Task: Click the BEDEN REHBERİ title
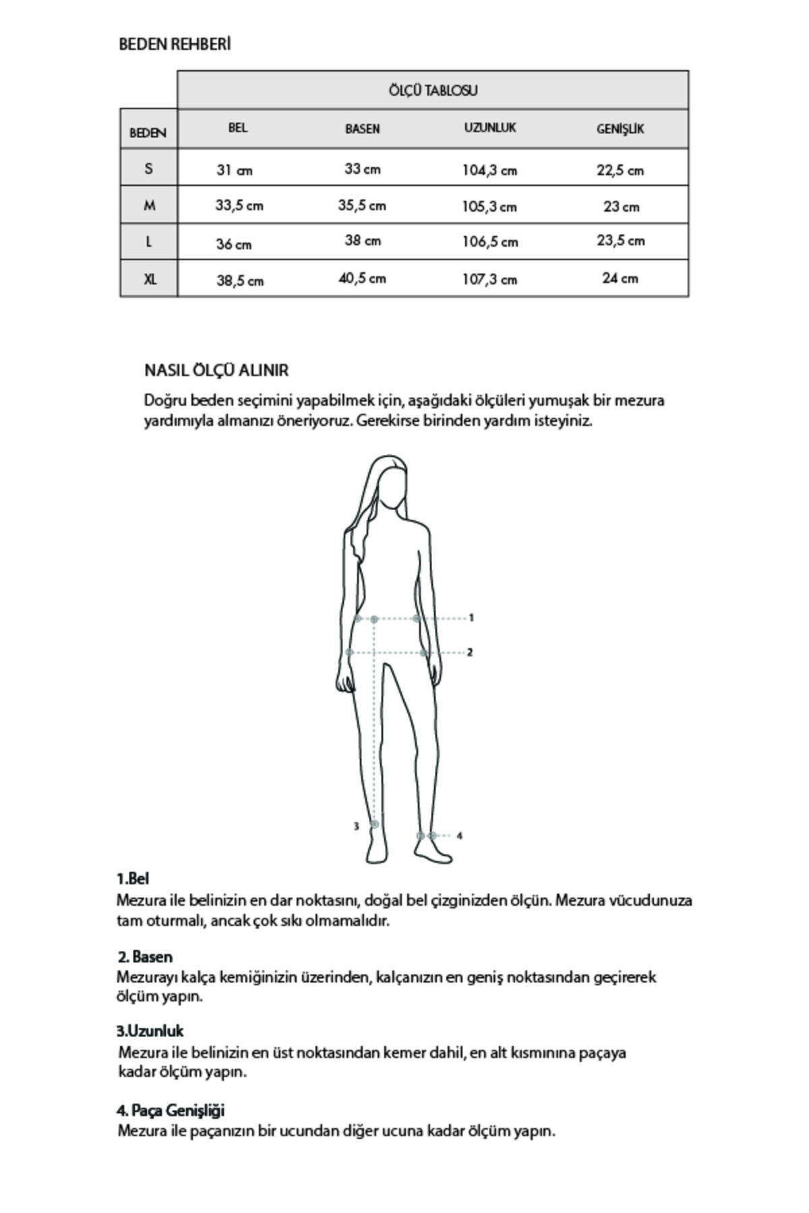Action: point(175,44)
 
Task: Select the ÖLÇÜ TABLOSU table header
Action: point(433,90)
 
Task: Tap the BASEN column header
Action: point(362,129)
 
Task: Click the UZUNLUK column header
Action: point(489,128)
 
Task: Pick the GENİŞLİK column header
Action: point(620,129)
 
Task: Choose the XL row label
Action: point(150,278)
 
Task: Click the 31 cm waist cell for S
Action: point(234,170)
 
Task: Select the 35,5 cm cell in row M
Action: point(362,206)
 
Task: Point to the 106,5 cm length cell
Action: point(489,242)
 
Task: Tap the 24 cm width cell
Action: point(620,278)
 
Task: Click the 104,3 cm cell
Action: point(489,170)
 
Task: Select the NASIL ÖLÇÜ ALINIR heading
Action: point(216,370)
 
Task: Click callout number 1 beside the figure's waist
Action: point(471,617)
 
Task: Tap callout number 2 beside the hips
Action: point(470,652)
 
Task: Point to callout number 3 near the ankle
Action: point(357,826)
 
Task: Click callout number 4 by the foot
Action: point(460,836)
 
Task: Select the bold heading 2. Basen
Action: point(145,957)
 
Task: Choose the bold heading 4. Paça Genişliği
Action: point(171,1110)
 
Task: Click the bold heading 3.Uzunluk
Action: point(150,1031)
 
